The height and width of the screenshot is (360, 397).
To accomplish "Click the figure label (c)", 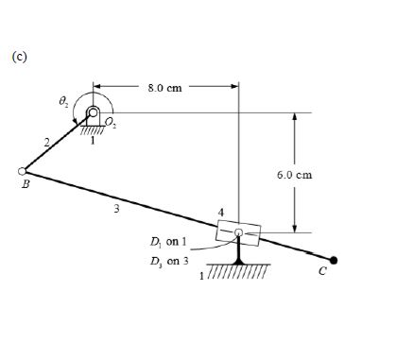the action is pyautogui.click(x=20, y=57).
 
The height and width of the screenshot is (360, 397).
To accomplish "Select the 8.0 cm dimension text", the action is pyautogui.click(x=164, y=88).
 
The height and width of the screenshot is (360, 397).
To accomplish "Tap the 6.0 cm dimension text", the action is pyautogui.click(x=295, y=175).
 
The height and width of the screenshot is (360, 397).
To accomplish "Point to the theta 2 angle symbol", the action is pyautogui.click(x=63, y=101).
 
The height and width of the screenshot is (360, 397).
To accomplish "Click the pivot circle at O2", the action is pyautogui.click(x=93, y=111).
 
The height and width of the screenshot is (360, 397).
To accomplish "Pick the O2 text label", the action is pyautogui.click(x=111, y=122).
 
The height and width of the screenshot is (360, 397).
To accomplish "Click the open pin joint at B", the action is pyautogui.click(x=22, y=171).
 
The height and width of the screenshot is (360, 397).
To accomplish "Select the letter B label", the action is pyautogui.click(x=26, y=184).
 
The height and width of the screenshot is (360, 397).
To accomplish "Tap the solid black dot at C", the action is pyautogui.click(x=334, y=260).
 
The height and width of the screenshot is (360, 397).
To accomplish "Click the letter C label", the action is pyautogui.click(x=322, y=271).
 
